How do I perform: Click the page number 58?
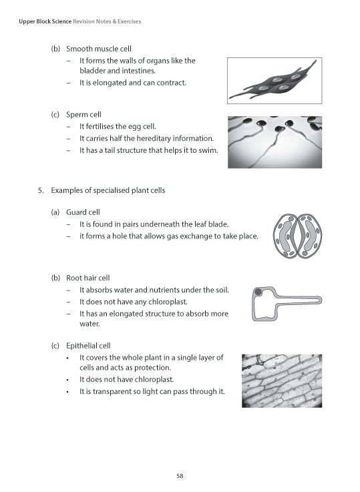point(180,475)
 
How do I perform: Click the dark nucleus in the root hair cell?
point(258,292)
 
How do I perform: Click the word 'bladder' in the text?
point(92,70)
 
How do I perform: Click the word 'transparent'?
point(109,391)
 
